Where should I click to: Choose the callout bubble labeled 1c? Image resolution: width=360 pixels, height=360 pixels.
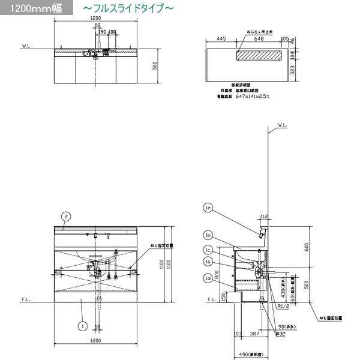[x=208, y=250]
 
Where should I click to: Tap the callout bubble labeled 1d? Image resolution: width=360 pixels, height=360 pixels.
[x=208, y=278]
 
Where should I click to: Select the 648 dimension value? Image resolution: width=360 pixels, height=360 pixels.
[x=259, y=38]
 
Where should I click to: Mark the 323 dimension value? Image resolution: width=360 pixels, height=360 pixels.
[x=293, y=70]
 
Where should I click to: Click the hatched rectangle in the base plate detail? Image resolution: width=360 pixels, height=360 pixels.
[x=259, y=55]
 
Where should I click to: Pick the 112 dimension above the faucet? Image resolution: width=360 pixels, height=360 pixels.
[x=263, y=216]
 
